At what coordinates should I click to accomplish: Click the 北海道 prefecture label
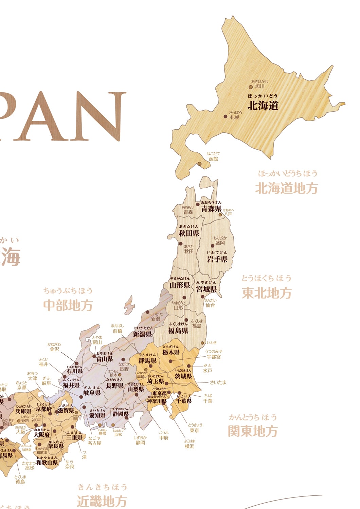263,106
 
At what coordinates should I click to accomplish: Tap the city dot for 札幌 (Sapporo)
225,116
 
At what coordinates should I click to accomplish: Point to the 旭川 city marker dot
251,87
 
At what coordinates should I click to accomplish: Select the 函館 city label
213,158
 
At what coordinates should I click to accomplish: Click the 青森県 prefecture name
211,209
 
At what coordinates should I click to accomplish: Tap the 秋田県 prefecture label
189,233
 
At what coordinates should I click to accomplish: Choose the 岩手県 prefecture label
217,259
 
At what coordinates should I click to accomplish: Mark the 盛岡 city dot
213,246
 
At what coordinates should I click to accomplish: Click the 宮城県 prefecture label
206,289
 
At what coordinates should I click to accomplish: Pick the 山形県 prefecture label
180,285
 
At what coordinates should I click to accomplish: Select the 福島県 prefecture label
178,331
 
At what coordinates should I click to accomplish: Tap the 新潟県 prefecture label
142,334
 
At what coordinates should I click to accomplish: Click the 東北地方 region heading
267,293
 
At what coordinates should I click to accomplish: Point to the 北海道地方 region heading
286,188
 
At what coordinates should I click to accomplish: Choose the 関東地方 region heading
253,431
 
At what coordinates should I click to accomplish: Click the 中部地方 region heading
68,305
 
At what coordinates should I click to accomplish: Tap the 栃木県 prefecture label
171,353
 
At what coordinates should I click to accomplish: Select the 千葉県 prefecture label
184,401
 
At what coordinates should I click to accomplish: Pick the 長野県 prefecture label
114,386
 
